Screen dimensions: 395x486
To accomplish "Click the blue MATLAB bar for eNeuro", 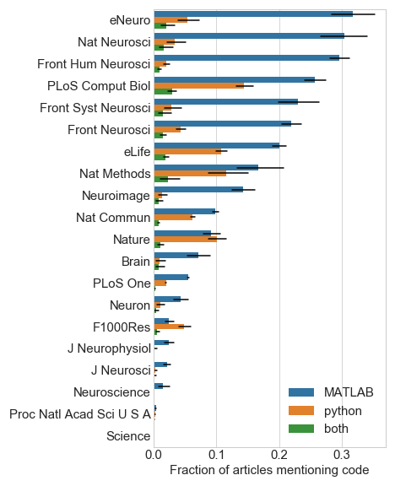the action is click(253, 14).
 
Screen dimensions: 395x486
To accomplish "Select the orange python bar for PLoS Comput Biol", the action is click(199, 86).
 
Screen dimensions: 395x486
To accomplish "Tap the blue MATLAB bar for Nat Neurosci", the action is click(249, 36).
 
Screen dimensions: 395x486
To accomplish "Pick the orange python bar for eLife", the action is click(187, 152).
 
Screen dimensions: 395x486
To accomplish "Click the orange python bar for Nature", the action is click(186, 240).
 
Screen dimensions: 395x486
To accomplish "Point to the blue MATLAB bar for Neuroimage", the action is click(198, 190).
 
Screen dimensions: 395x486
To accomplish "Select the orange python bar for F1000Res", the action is click(169, 327).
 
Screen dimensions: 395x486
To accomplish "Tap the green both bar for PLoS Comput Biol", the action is click(163, 91).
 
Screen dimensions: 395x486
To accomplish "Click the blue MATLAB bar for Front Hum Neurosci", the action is click(246, 58).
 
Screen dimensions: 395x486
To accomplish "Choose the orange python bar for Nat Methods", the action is click(190, 174).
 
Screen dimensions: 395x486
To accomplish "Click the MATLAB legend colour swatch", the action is click(301, 392).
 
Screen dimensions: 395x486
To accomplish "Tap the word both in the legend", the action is click(336, 429).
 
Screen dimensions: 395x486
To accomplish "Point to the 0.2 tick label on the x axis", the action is click(279, 455).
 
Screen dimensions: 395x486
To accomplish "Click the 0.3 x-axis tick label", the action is click(342, 455).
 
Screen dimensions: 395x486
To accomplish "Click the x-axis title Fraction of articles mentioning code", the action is click(269, 470).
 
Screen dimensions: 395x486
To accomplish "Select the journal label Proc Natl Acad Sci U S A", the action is click(80, 414).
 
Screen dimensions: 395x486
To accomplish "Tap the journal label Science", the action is click(128, 436).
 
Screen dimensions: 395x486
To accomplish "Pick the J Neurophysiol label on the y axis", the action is click(110, 348).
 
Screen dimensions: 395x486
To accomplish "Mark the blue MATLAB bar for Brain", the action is click(176, 256).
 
